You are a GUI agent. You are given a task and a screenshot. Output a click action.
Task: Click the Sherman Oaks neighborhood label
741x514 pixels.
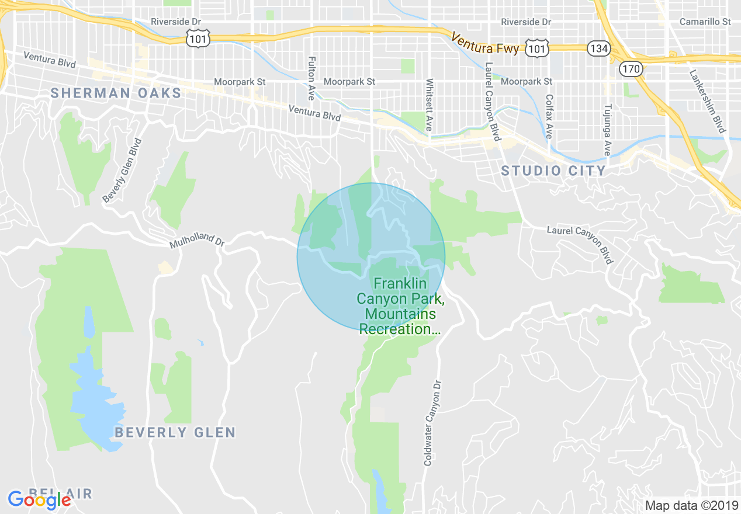[116, 93]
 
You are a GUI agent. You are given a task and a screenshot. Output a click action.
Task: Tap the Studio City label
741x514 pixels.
[553, 171]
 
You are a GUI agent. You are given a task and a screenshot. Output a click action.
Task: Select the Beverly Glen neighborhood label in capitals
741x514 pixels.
[175, 432]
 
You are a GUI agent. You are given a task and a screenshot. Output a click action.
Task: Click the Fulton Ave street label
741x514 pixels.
[311, 78]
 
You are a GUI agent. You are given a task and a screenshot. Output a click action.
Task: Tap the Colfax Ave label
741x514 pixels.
[549, 117]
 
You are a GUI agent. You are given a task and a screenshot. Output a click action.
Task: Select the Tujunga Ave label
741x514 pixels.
[608, 130]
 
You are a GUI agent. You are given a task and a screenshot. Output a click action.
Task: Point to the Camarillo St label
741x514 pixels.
[705, 22]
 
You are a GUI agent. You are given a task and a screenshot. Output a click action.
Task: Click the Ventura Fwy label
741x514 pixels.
[485, 43]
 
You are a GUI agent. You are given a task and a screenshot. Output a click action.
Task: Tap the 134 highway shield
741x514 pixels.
[599, 48]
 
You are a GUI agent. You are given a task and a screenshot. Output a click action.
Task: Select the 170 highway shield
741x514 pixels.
[632, 68]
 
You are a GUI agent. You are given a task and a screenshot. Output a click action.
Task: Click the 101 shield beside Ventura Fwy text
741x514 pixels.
[536, 48]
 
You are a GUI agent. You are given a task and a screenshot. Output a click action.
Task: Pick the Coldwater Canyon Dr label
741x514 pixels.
[431, 423]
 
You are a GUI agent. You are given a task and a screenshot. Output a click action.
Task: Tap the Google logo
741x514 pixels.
[39, 499]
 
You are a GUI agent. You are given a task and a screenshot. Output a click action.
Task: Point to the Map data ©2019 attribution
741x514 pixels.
[690, 505]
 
